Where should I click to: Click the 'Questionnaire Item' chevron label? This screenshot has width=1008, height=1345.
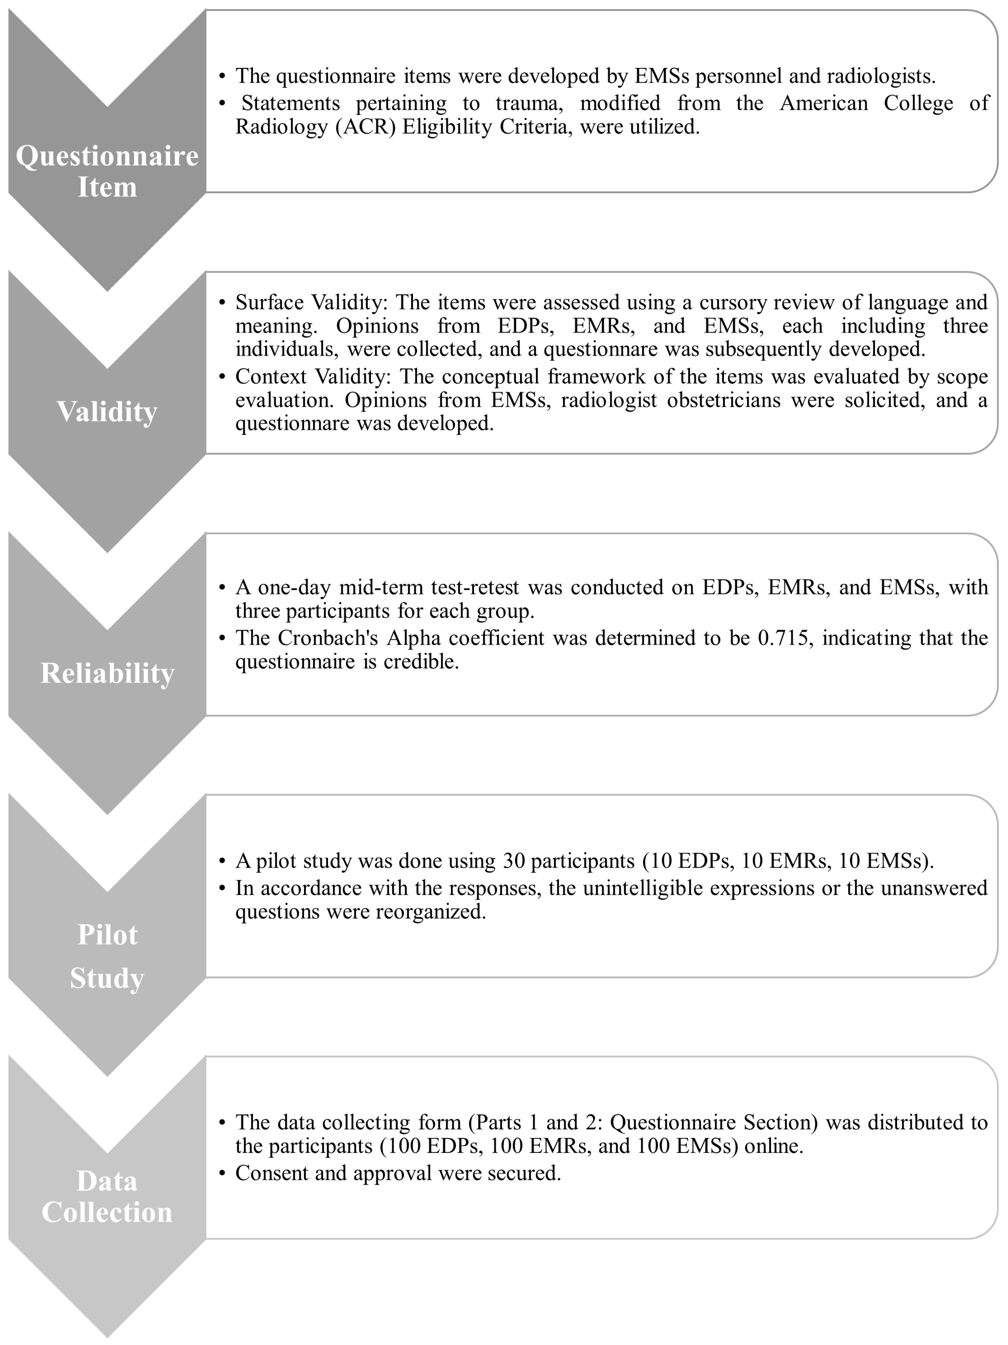107,171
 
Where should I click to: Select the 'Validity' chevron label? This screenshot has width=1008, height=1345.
107,412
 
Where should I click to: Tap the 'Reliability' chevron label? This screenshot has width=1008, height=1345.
107,673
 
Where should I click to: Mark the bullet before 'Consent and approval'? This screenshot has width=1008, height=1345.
223,1173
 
